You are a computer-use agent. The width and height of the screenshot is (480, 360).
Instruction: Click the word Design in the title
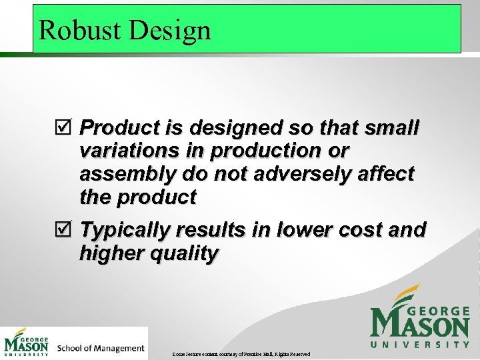tap(171, 30)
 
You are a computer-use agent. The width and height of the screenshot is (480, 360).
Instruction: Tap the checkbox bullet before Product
tap(67, 127)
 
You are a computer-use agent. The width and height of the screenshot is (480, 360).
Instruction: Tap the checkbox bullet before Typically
tap(67, 230)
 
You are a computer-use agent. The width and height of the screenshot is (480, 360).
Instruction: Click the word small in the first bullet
tap(393, 127)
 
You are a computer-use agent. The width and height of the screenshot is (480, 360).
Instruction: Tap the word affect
tap(387, 174)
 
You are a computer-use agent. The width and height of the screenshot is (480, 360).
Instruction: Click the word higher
tap(113, 253)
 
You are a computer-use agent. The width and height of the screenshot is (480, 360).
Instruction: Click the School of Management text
tap(101, 347)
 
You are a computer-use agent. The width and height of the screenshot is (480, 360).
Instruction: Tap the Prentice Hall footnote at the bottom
tap(240, 353)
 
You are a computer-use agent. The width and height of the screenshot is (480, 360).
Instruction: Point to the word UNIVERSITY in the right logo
tap(420, 345)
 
